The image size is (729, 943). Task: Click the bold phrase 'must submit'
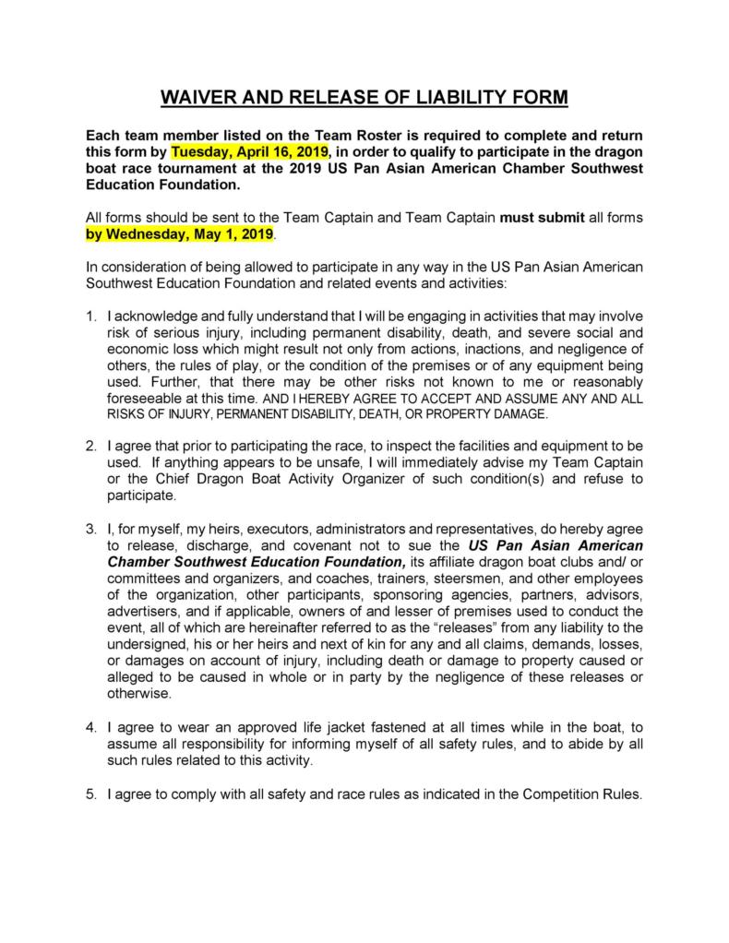coord(536,218)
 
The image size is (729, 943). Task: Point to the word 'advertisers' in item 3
coord(143,612)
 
